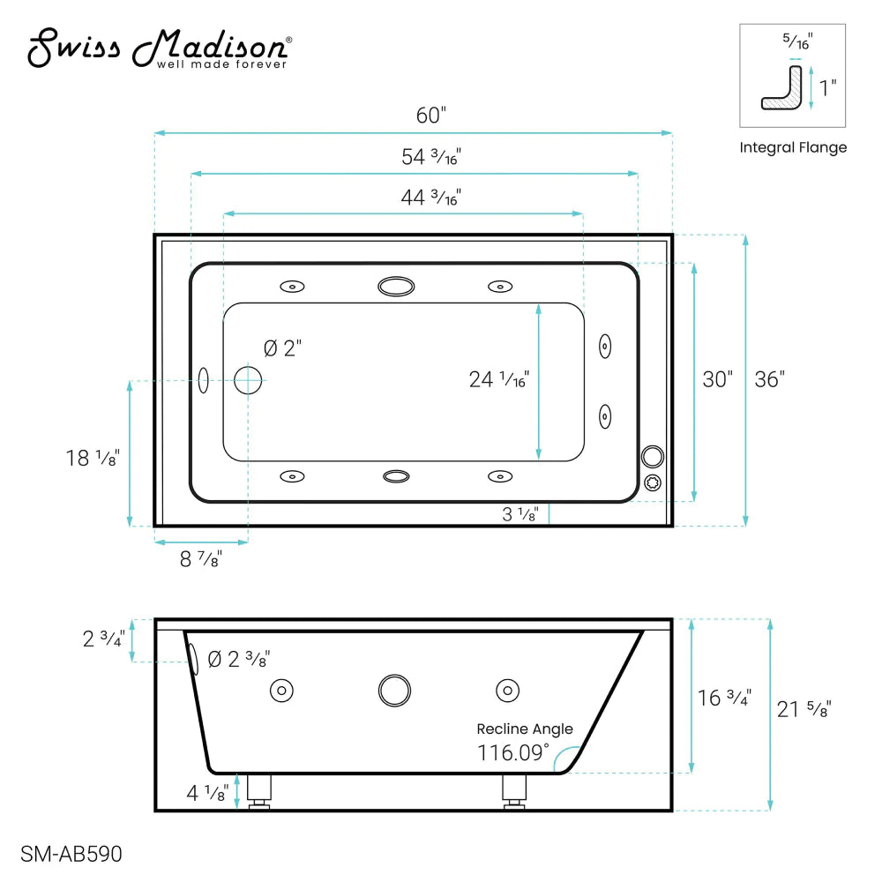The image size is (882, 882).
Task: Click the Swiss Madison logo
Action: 160,49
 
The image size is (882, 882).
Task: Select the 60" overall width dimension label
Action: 431,116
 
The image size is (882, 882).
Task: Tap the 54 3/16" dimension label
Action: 431,158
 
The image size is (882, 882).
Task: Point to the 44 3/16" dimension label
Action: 431,198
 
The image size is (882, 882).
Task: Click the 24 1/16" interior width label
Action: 498,379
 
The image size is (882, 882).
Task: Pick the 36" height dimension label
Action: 769,379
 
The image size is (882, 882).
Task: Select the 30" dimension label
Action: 717,379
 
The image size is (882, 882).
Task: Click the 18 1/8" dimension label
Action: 92,458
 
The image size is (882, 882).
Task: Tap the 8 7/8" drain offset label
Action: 201,558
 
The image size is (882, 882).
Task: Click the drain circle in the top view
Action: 248,380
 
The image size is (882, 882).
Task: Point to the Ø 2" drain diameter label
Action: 282,348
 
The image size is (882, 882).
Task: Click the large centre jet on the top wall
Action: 395,286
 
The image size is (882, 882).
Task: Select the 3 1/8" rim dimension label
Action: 520,515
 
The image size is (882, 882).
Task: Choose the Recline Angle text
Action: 525,729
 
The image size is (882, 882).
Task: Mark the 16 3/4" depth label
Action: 724,697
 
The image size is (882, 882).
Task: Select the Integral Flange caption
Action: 793,147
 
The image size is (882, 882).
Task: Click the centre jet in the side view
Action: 394,690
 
